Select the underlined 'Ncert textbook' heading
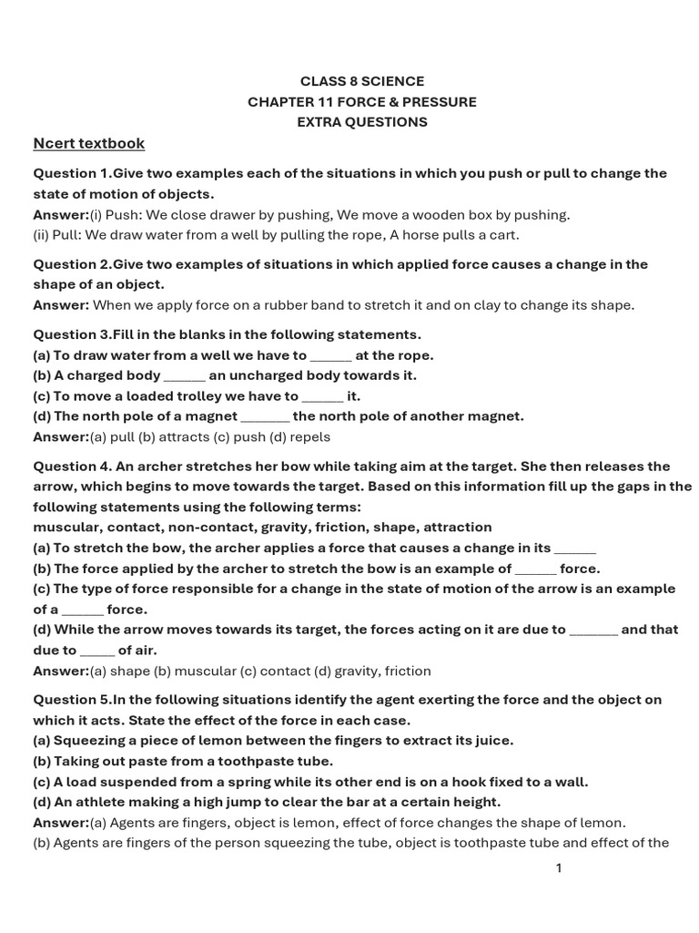[x=88, y=143]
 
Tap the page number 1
[x=559, y=867]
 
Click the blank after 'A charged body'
[x=185, y=376]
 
